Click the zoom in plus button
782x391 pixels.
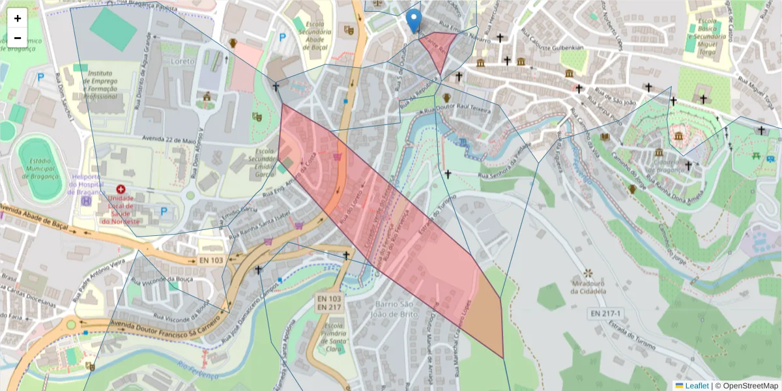click(x=18, y=18)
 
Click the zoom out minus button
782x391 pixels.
click(x=18, y=38)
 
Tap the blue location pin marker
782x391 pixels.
click(x=413, y=21)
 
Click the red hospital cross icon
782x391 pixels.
click(x=121, y=189)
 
